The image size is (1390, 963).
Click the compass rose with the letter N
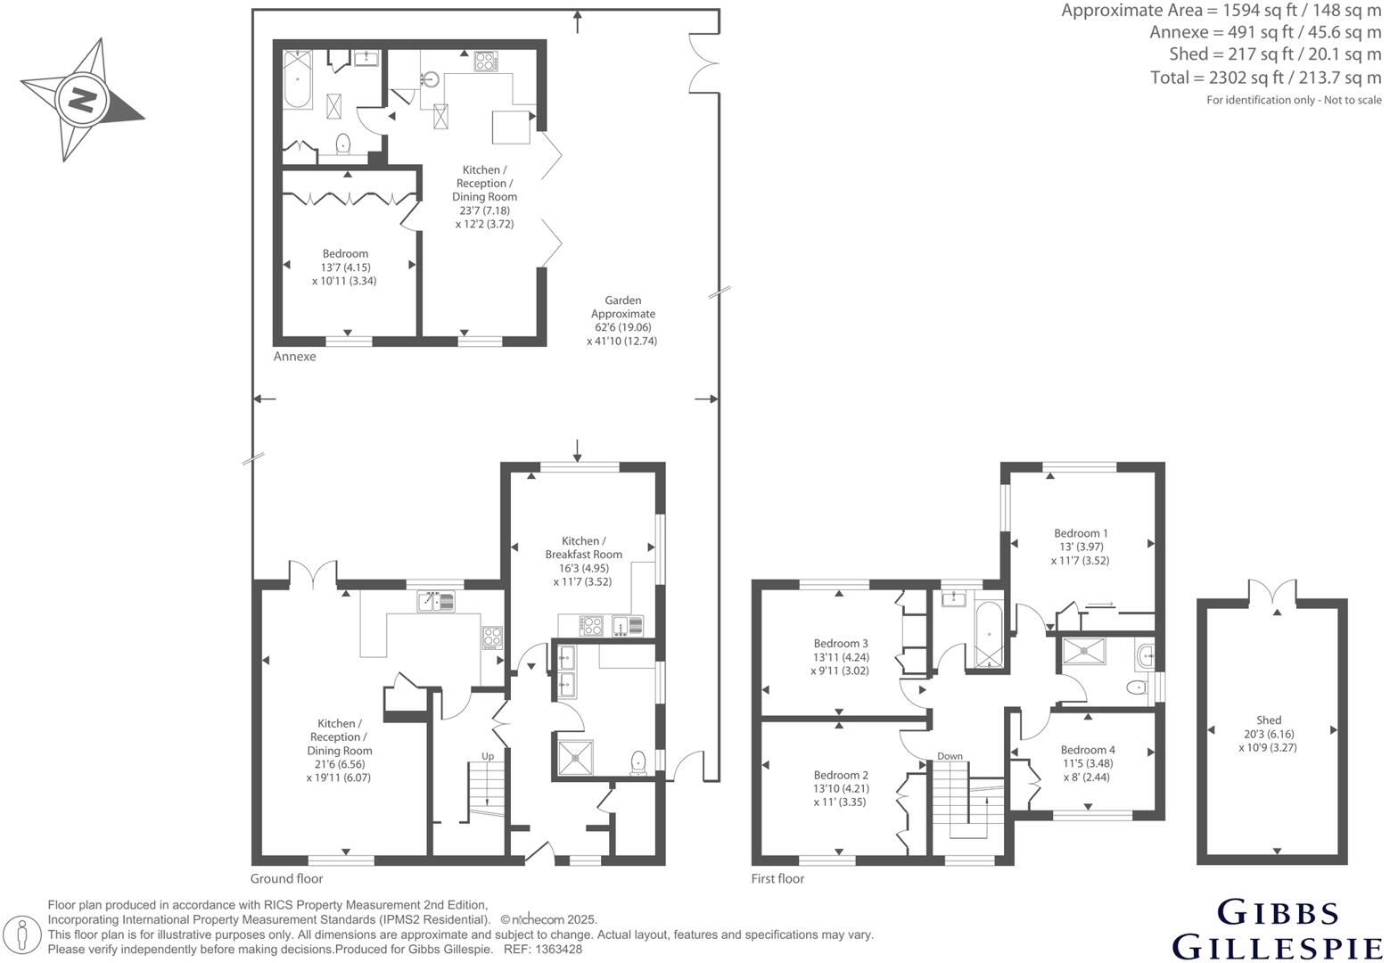click(x=82, y=99)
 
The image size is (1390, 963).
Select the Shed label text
click(x=1268, y=720)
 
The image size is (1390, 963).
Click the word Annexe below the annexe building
click(x=294, y=357)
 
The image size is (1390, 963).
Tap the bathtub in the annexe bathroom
click(x=297, y=80)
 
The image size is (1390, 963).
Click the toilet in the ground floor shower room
click(x=638, y=761)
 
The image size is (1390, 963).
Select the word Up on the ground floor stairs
click(x=488, y=756)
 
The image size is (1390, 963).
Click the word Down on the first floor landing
click(x=950, y=756)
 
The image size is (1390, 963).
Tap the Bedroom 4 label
click(x=1087, y=750)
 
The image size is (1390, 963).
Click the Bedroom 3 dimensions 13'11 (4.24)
click(x=840, y=657)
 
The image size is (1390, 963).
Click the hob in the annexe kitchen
click(x=486, y=62)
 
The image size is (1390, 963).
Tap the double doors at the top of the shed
click(x=1272, y=592)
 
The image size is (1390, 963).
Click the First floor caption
click(x=777, y=878)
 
